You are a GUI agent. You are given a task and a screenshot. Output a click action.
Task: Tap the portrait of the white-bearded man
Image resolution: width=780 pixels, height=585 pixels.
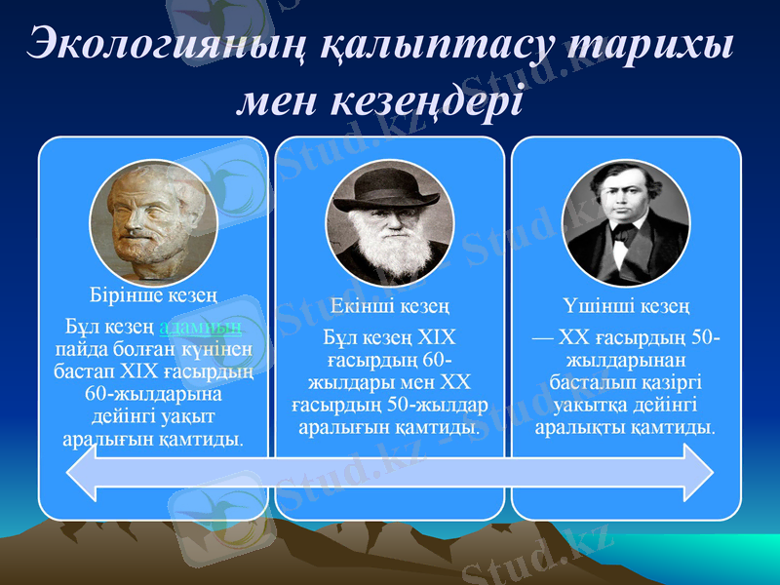(x=390, y=224)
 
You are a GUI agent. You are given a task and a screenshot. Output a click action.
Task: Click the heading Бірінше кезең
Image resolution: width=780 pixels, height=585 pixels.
(x=153, y=293)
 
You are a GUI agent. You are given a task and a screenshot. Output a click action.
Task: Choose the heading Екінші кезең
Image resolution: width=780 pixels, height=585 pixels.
(x=390, y=307)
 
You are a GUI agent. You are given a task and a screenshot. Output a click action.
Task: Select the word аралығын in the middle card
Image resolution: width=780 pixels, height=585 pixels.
(x=341, y=427)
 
